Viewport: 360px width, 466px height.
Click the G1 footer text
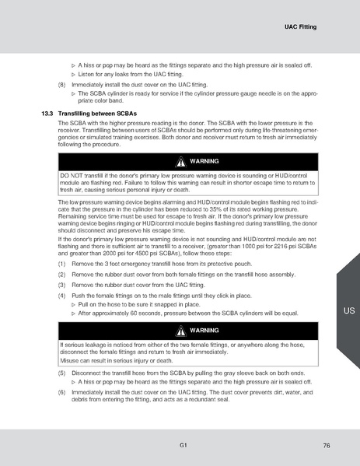pos(181,444)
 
